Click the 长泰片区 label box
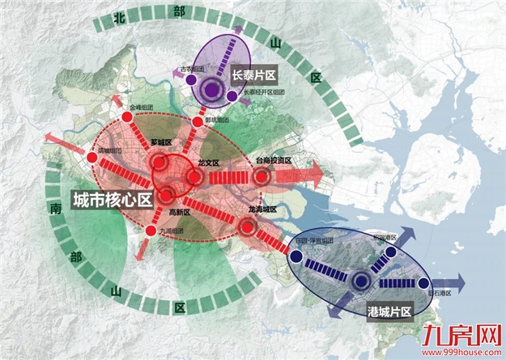(255, 74)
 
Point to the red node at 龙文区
(194, 177)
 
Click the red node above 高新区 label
(167, 193)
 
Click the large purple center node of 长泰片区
(214, 91)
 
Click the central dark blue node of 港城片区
(359, 281)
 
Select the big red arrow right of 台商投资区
(312, 173)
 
